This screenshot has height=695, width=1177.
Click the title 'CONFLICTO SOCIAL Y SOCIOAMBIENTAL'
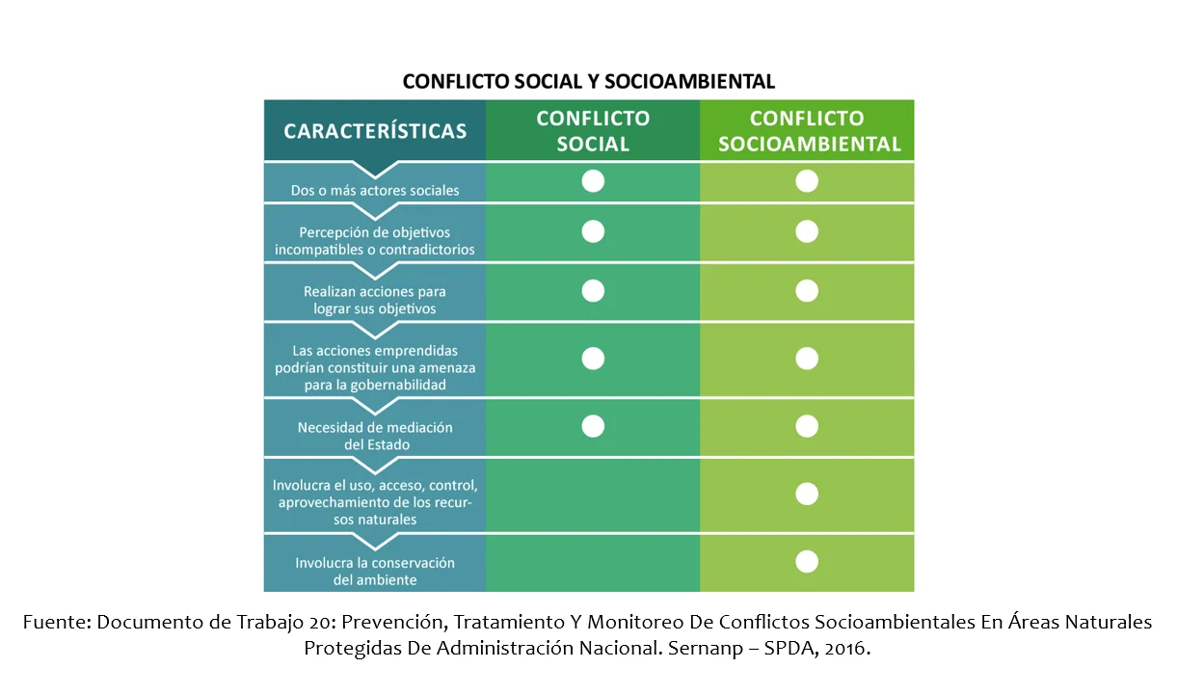coord(588,81)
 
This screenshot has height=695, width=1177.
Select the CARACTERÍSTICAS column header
coord(375,131)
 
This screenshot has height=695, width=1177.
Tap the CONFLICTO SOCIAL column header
coord(593,131)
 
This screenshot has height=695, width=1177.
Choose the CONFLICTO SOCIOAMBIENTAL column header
coord(807,131)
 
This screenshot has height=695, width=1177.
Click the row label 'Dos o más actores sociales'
coord(375,190)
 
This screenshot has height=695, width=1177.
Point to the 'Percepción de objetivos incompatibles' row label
coord(375,241)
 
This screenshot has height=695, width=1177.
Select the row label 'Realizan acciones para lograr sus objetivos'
coord(375,300)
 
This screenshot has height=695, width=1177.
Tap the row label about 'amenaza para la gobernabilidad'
coord(375,367)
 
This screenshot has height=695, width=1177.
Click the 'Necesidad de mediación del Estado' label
coord(375,436)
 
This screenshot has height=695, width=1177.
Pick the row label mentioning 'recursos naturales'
coord(375,501)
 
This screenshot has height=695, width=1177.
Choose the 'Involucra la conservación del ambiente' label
coord(375,571)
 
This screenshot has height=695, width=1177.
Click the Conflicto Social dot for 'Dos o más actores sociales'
coord(593,181)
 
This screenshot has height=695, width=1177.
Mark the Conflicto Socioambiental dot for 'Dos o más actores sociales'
coord(807,181)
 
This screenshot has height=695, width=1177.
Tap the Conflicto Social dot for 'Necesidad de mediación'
coord(593,426)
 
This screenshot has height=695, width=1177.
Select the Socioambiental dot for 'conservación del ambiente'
coord(807,561)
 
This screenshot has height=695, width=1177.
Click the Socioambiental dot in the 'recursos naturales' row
coord(807,494)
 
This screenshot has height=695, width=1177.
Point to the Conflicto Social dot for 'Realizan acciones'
coord(593,290)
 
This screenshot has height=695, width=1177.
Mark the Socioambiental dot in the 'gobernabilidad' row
coord(807,359)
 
